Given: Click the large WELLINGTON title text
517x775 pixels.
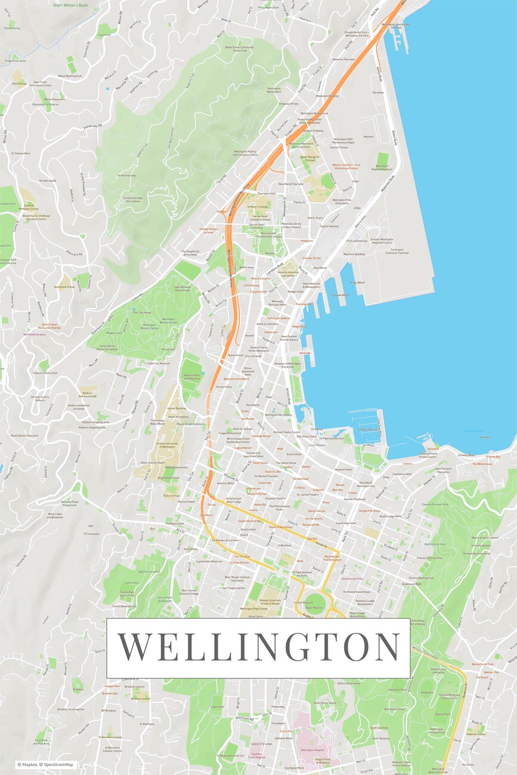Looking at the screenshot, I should coord(258,647).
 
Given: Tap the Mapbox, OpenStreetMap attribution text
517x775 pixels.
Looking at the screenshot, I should coord(45,765).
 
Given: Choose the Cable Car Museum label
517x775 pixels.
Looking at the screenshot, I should coord(159,363).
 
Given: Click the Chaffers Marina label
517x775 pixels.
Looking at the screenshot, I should coord(368,429).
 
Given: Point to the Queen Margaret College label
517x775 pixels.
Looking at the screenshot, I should coord(311,160).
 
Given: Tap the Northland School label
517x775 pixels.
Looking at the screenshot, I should coord(64,287).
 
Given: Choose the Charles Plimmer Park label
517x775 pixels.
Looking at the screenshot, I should coord(434,505).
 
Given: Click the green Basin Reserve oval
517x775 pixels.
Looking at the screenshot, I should coord(318,602).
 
